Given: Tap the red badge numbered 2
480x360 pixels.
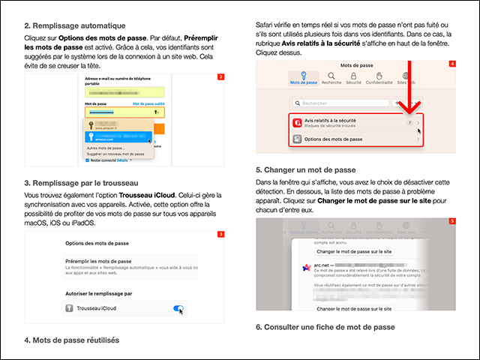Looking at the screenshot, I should click(220, 77).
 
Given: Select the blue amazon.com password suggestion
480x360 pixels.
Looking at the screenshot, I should click(120, 137).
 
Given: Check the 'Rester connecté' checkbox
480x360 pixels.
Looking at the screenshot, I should click(88, 160).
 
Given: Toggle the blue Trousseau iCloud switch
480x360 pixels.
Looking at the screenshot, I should click(178, 308).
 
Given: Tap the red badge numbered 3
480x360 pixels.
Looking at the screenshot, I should click(220, 235).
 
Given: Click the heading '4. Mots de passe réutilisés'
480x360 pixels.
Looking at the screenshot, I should click(71, 340).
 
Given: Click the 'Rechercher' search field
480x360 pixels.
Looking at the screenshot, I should click(337, 103).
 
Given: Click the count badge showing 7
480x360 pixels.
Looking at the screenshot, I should click(409, 121).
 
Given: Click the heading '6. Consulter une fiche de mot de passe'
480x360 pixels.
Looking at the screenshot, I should click(325, 327).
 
